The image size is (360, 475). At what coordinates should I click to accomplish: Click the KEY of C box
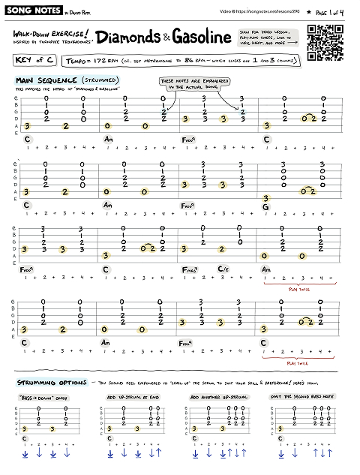click(33, 59)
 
